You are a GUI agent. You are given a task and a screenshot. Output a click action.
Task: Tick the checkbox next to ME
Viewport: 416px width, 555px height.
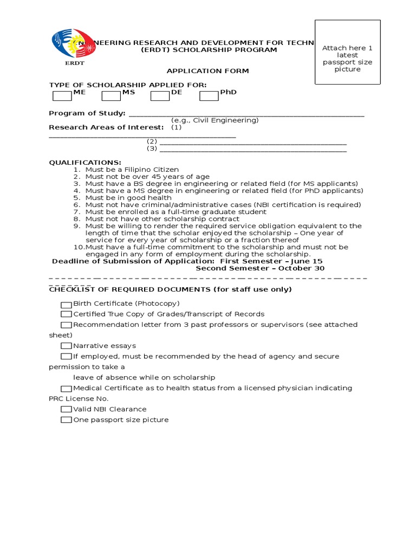click(x=62, y=96)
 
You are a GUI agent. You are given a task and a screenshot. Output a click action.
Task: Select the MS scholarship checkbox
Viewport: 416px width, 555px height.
click(x=111, y=96)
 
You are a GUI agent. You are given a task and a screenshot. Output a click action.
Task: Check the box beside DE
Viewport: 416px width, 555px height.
click(x=160, y=96)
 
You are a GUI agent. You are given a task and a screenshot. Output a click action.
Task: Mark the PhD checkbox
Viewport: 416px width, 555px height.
click(x=209, y=96)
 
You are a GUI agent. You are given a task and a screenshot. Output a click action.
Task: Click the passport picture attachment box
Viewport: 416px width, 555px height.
click(x=347, y=53)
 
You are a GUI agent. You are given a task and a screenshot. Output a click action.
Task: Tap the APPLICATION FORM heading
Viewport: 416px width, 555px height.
click(x=200, y=71)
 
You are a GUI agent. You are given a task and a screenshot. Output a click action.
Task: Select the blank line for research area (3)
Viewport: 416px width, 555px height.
click(x=253, y=150)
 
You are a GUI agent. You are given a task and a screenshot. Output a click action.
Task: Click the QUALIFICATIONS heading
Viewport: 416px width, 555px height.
click(x=85, y=163)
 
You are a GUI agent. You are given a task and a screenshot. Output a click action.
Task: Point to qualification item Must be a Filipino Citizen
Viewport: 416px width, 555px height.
click(x=132, y=170)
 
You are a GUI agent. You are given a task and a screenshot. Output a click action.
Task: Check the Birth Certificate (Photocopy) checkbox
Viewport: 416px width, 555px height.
click(x=66, y=304)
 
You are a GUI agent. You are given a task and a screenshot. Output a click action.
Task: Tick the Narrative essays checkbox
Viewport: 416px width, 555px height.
click(x=66, y=346)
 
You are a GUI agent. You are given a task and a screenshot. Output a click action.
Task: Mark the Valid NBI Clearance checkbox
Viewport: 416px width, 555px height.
click(x=66, y=409)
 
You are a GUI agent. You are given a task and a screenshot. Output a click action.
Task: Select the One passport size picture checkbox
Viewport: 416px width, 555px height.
click(x=66, y=420)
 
